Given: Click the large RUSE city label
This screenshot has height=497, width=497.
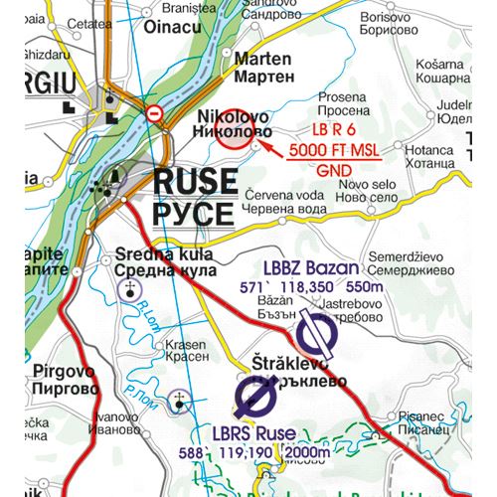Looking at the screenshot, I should [195, 182].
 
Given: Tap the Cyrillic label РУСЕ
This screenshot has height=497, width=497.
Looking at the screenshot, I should [194, 213].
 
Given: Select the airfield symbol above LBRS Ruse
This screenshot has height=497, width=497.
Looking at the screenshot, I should [255, 400].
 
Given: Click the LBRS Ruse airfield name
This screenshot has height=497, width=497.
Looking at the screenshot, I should [253, 433].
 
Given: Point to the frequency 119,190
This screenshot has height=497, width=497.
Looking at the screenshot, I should [245, 452].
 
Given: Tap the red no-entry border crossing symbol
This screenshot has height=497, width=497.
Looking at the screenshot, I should [154, 114].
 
